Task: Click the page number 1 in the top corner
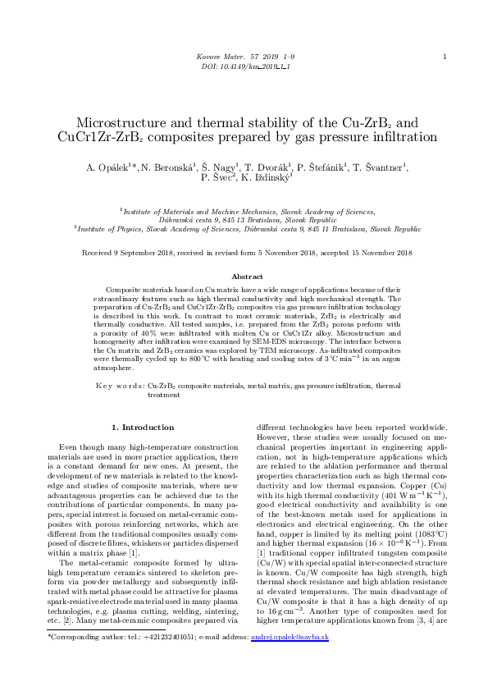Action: [x=444, y=57]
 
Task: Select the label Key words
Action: [x=120, y=385]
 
